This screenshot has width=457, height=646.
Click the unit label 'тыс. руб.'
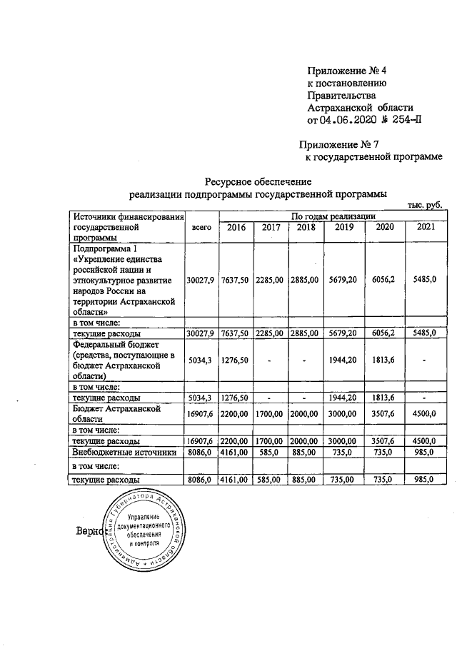coord(424,205)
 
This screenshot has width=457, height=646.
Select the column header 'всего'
coord(202,227)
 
